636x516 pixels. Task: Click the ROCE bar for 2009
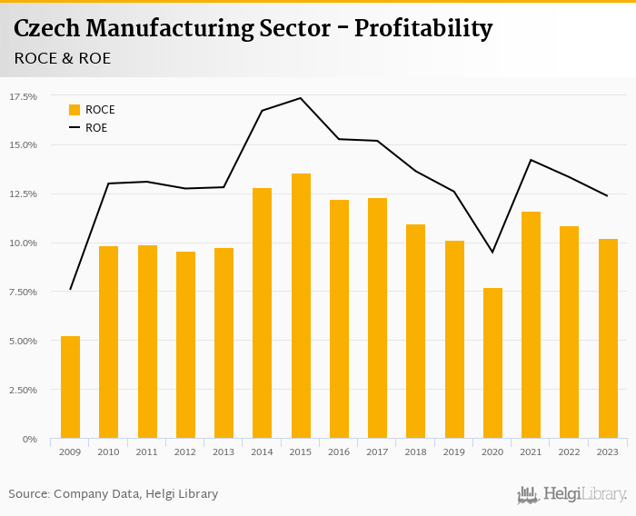pos(70,388)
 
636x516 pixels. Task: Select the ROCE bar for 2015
pos(301,306)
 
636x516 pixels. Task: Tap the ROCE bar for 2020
pos(492,363)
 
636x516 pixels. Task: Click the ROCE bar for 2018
pos(416,332)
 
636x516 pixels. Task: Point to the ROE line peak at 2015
pos(301,98)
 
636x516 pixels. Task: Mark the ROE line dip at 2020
pos(492,252)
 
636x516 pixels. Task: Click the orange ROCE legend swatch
pos(75,110)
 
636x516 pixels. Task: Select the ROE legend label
pos(96,128)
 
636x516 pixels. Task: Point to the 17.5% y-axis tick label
pos(23,96)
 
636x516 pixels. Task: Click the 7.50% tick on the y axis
pos(23,292)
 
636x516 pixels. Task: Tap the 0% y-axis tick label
pos(29,439)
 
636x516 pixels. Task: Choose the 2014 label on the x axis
pos(263,451)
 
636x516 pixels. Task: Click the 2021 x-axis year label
pos(531,451)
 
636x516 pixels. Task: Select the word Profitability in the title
pos(423,29)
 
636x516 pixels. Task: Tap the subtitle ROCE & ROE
pos(63,58)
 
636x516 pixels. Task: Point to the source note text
pos(114,494)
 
